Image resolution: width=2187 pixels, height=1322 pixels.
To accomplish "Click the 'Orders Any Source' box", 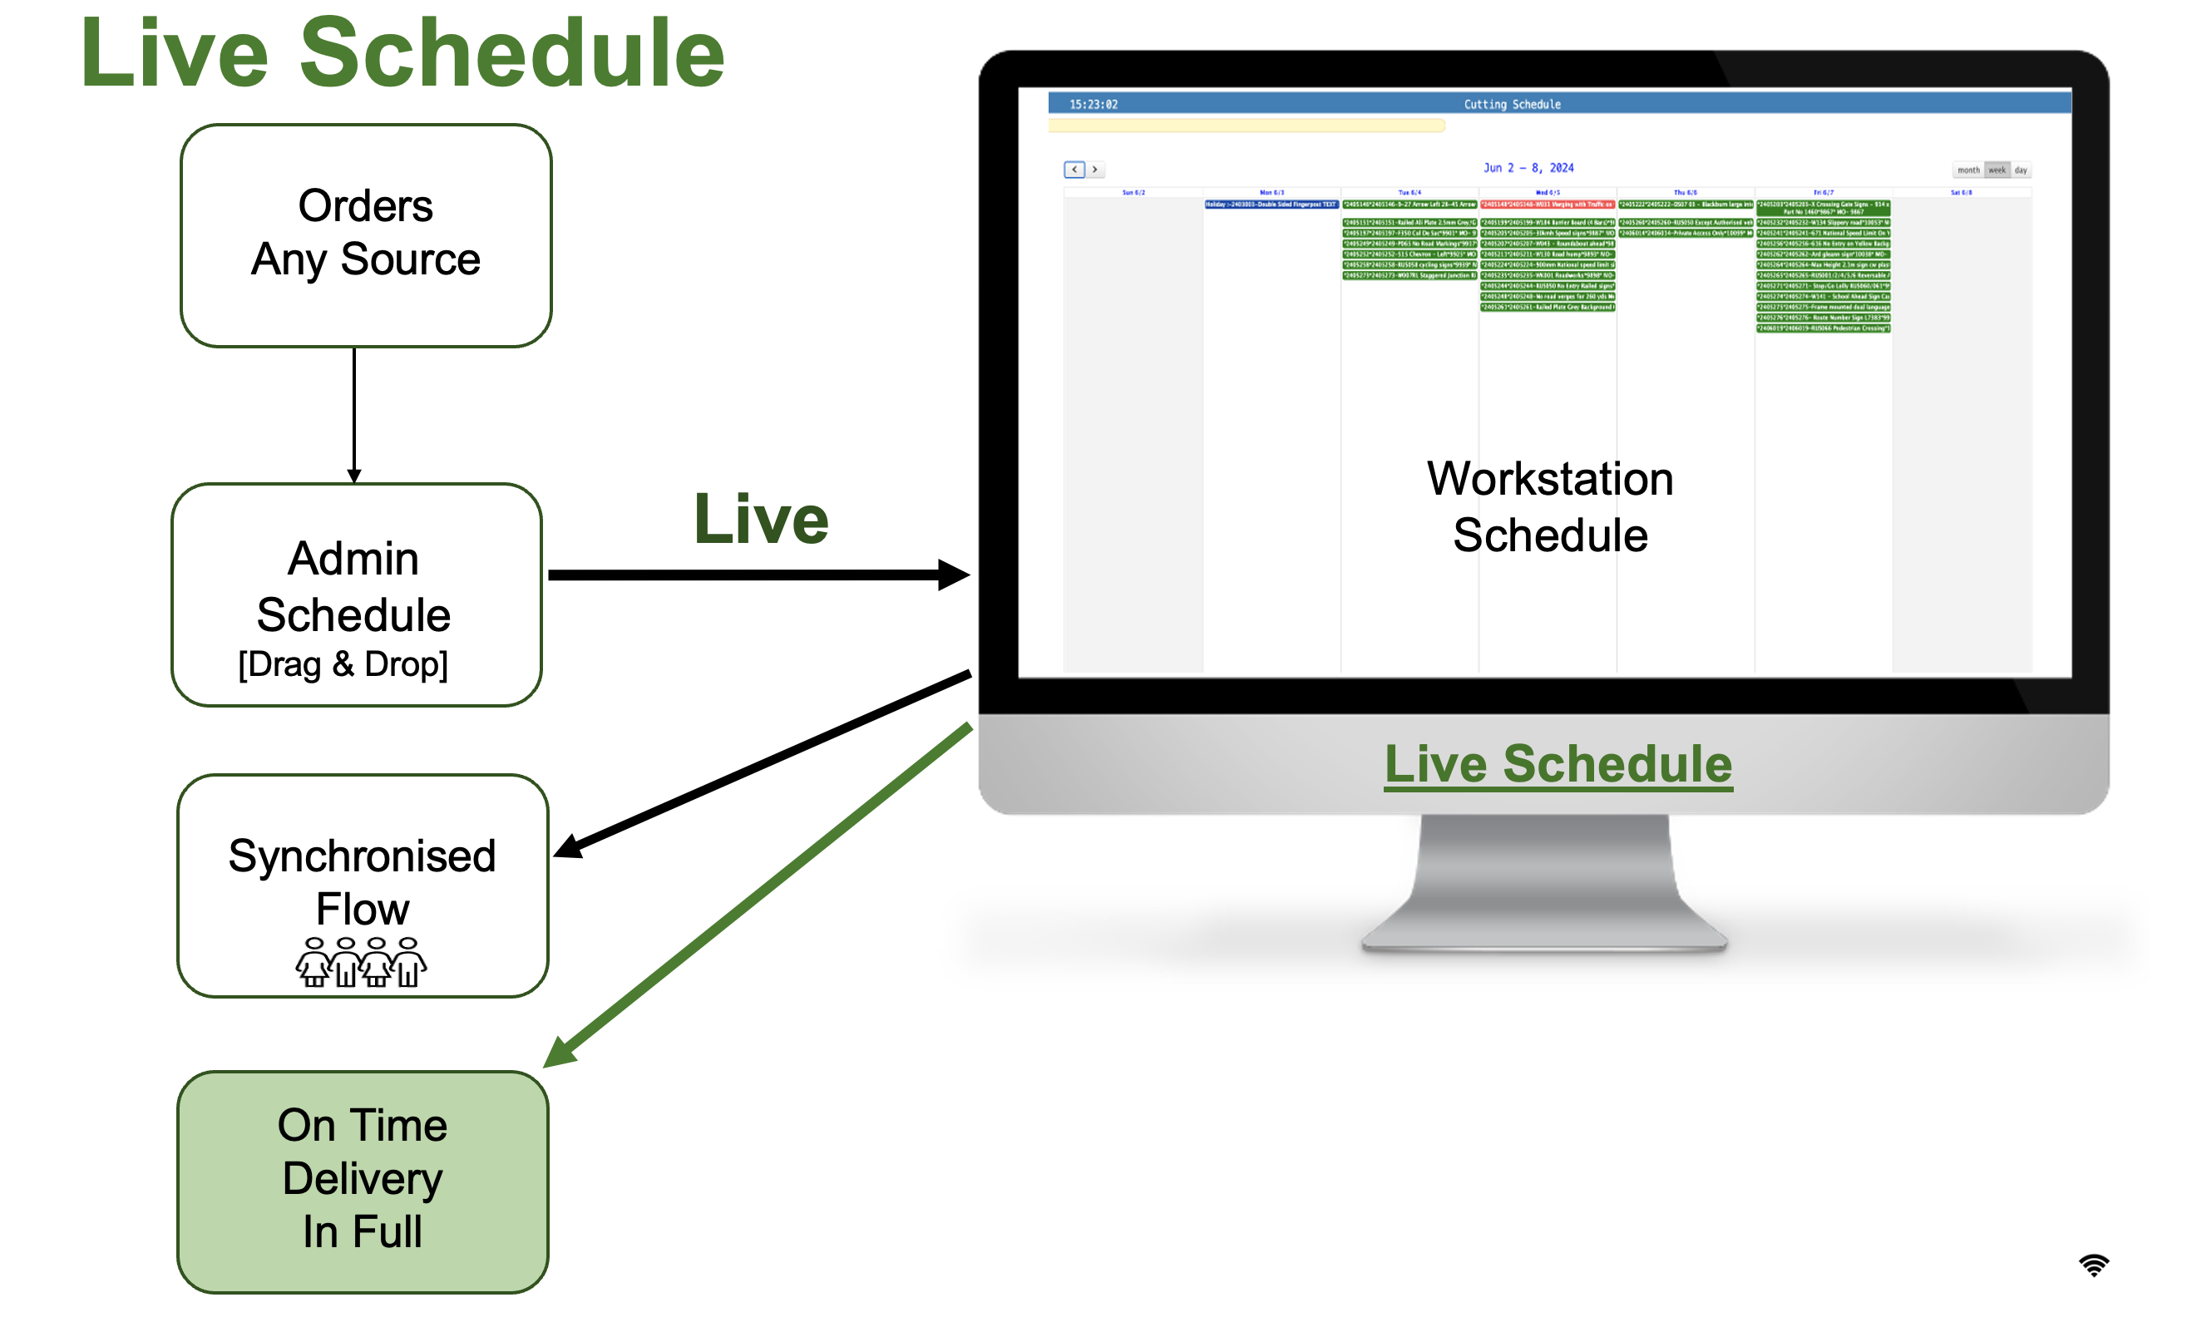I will click(x=366, y=235).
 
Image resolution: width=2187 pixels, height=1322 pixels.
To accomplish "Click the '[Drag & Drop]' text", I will click(x=343, y=663).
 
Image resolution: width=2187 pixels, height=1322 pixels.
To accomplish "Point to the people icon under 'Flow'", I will click(x=361, y=962).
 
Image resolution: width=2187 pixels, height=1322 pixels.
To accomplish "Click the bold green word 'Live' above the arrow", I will click(x=761, y=520).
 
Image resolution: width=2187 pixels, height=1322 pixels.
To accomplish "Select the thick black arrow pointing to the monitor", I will click(x=754, y=575).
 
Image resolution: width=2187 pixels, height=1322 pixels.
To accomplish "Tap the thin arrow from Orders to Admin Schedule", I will click(x=354, y=412).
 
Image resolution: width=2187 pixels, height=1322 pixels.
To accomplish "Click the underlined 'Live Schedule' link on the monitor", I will click(x=1558, y=764).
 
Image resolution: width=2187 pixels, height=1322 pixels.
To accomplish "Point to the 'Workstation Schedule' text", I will click(x=1550, y=506).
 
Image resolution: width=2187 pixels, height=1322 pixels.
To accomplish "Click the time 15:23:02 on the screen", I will click(x=1093, y=105).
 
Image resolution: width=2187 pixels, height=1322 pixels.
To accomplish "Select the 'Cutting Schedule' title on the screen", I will click(x=1512, y=105).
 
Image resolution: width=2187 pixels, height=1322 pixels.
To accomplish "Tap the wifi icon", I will click(x=2094, y=1265).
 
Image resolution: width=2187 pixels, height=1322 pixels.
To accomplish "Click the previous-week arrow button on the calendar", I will click(x=1074, y=170).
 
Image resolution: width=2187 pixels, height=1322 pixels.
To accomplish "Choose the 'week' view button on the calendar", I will click(x=1997, y=170).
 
